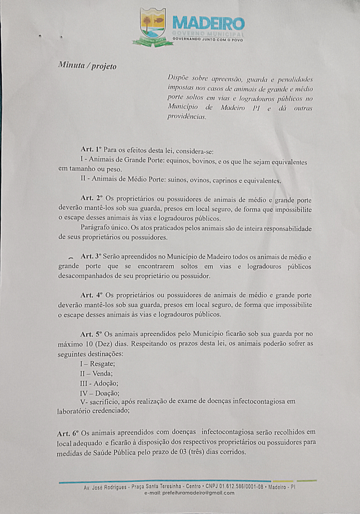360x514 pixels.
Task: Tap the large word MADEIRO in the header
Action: pyautogui.click(x=208, y=23)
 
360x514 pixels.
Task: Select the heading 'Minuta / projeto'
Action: pyautogui.click(x=87, y=66)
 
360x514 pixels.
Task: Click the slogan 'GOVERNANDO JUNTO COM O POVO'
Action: pyautogui.click(x=208, y=39)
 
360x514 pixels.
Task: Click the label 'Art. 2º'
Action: pyautogui.click(x=91, y=198)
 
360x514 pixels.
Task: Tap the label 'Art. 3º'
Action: pyautogui.click(x=91, y=256)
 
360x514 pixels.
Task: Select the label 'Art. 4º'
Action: pyautogui.click(x=91, y=295)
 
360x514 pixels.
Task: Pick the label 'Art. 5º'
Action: pyautogui.click(x=91, y=334)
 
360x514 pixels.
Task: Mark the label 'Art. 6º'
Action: pyautogui.click(x=68, y=433)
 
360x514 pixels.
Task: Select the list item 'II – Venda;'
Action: pyautogui.click(x=96, y=373)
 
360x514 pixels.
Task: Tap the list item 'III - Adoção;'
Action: pyautogui.click(x=99, y=383)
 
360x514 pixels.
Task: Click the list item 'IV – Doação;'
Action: pyautogui.click(x=99, y=393)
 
